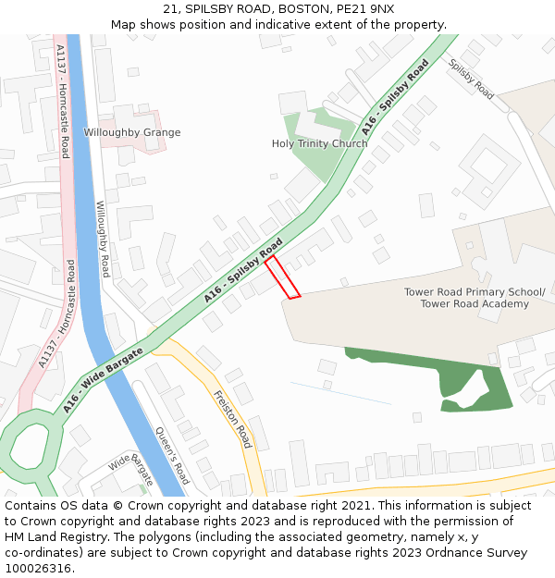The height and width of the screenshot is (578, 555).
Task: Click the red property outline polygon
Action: [x=283, y=278]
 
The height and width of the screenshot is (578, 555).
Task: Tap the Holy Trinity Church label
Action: [x=319, y=143]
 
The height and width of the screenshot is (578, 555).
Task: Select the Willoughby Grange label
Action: [x=132, y=132]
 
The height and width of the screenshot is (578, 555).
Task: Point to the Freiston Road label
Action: [x=232, y=419]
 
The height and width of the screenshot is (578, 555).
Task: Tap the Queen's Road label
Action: [x=172, y=455]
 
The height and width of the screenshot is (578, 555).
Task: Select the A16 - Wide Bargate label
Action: [x=104, y=380]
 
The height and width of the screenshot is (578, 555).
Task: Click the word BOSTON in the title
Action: [x=278, y=9]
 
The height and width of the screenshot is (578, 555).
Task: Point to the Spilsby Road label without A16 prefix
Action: [x=472, y=79]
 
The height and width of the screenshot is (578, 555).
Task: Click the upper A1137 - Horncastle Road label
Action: [x=63, y=102]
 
